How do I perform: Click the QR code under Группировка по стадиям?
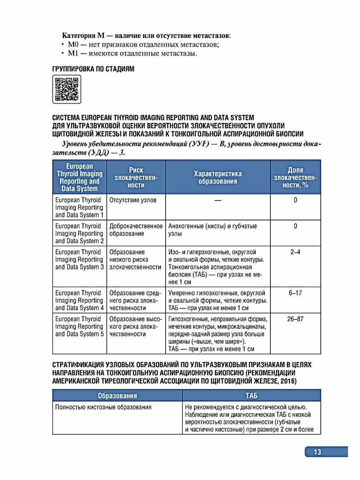(67, 89)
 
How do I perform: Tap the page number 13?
(317, 452)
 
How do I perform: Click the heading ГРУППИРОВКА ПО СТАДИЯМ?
(93, 69)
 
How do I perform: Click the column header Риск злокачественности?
(136, 177)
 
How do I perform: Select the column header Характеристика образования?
(218, 177)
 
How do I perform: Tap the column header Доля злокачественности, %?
(295, 177)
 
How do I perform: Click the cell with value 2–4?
(295, 252)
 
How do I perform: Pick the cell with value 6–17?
(295, 293)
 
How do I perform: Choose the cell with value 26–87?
(295, 319)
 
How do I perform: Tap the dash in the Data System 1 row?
(218, 200)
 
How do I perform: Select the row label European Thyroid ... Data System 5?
(79, 326)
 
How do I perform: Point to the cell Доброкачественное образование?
(136, 230)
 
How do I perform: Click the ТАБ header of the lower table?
(251, 396)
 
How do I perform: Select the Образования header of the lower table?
(117, 396)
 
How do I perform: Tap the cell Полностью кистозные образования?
(103, 408)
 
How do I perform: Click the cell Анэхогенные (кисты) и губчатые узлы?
(212, 230)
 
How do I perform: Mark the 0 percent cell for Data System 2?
(295, 226)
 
